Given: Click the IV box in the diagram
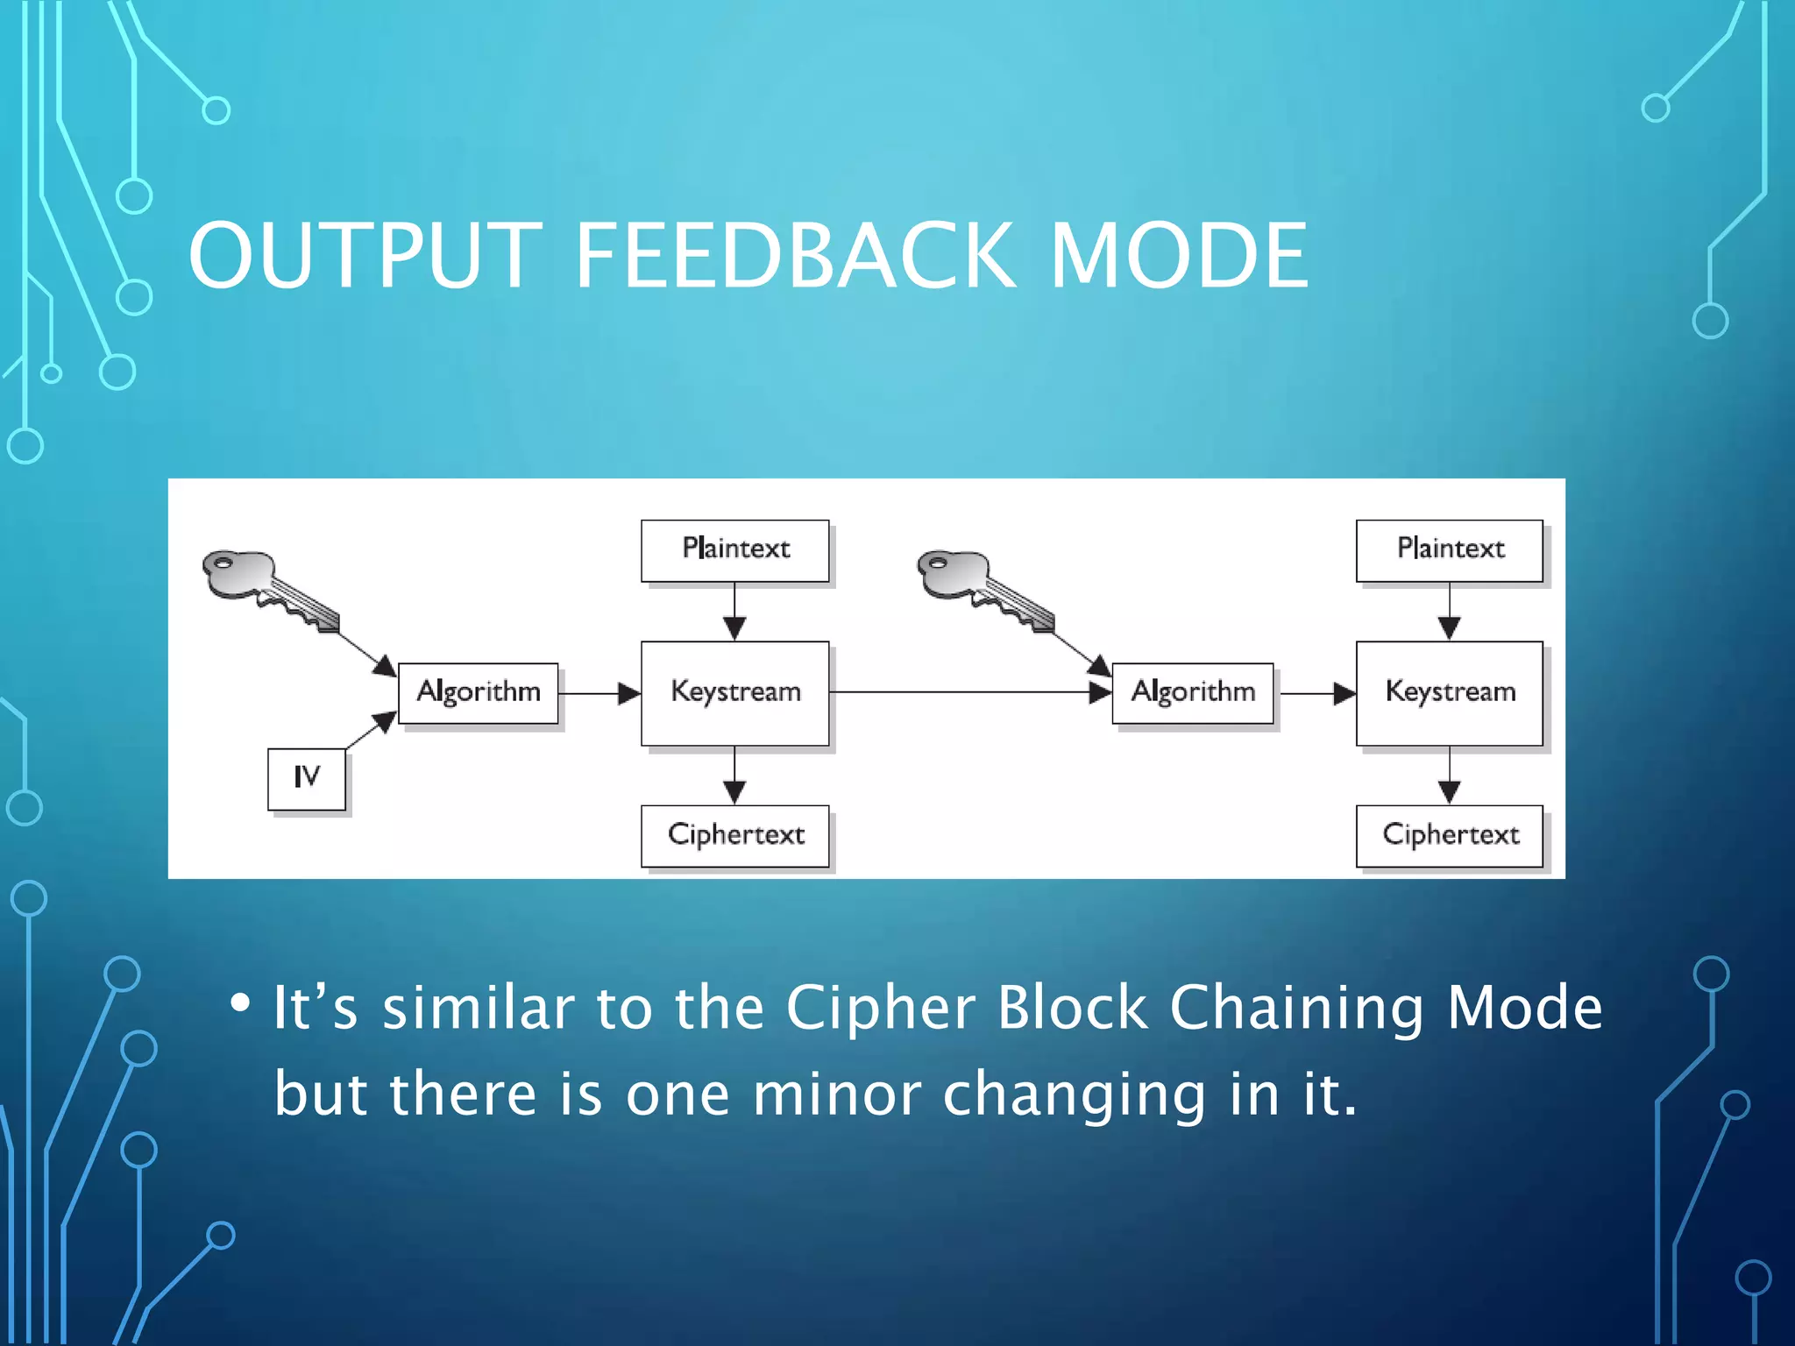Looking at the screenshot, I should click(306, 778).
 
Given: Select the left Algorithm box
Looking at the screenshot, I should click(478, 693).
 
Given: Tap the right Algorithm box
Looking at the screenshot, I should click(1192, 693).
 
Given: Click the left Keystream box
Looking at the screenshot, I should click(734, 693).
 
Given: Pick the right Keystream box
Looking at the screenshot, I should click(1449, 693).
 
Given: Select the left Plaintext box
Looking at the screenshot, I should click(734, 550).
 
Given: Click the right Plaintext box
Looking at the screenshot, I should click(1449, 550).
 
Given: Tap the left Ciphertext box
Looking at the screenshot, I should click(734, 836).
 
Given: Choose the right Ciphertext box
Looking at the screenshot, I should click(1449, 836).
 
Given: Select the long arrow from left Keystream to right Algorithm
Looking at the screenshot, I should click(964, 692).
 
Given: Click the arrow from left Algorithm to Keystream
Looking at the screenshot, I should click(600, 693).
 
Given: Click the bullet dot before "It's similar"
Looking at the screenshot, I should click(239, 1002).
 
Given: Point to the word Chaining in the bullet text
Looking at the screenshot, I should click(1296, 1008).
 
